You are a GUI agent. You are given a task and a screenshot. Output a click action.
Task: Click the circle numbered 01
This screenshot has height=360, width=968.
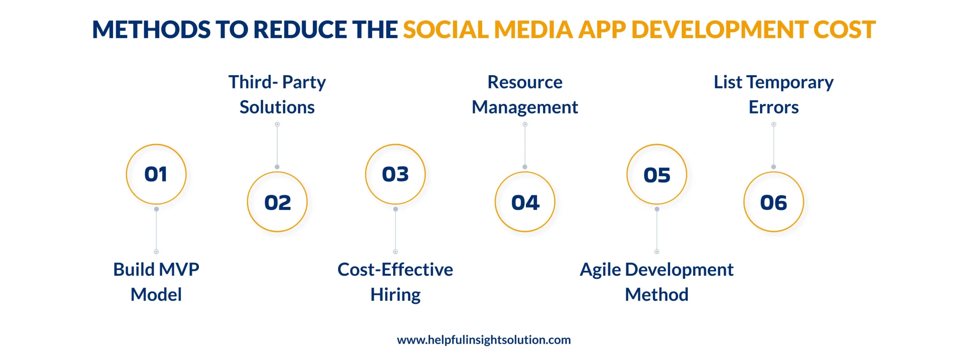point(156,174)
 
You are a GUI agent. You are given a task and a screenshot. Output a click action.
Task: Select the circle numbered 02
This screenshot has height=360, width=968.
point(277,202)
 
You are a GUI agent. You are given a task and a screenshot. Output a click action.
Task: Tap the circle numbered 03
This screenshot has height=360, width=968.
point(395,174)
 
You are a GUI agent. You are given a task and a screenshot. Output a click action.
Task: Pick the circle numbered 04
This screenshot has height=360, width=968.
point(525,202)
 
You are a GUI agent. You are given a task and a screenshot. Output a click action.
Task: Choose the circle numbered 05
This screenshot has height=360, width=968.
point(657,174)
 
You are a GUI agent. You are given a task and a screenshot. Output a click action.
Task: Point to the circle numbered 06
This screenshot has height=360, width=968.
point(774,202)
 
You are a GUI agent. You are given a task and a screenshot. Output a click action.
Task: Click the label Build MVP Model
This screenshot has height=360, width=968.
point(156,282)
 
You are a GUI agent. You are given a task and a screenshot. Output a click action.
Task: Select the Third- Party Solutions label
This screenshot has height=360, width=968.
point(277,95)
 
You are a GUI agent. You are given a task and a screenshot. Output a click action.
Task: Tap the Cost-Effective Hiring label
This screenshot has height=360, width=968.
point(395,282)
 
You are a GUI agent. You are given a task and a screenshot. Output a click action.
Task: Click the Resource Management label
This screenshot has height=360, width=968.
point(525,95)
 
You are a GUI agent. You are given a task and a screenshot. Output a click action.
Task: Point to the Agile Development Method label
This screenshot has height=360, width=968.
point(657,282)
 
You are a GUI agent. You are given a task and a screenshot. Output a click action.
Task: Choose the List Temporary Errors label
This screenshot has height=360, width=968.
point(774,95)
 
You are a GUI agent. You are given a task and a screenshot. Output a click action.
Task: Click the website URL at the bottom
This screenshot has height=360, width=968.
point(484,340)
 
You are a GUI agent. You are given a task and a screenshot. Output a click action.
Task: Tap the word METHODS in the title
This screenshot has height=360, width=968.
point(151,30)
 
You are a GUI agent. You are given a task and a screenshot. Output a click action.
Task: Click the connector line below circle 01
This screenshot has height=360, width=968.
point(156,230)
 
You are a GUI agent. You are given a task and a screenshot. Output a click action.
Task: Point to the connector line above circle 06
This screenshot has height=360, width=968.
point(774,146)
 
